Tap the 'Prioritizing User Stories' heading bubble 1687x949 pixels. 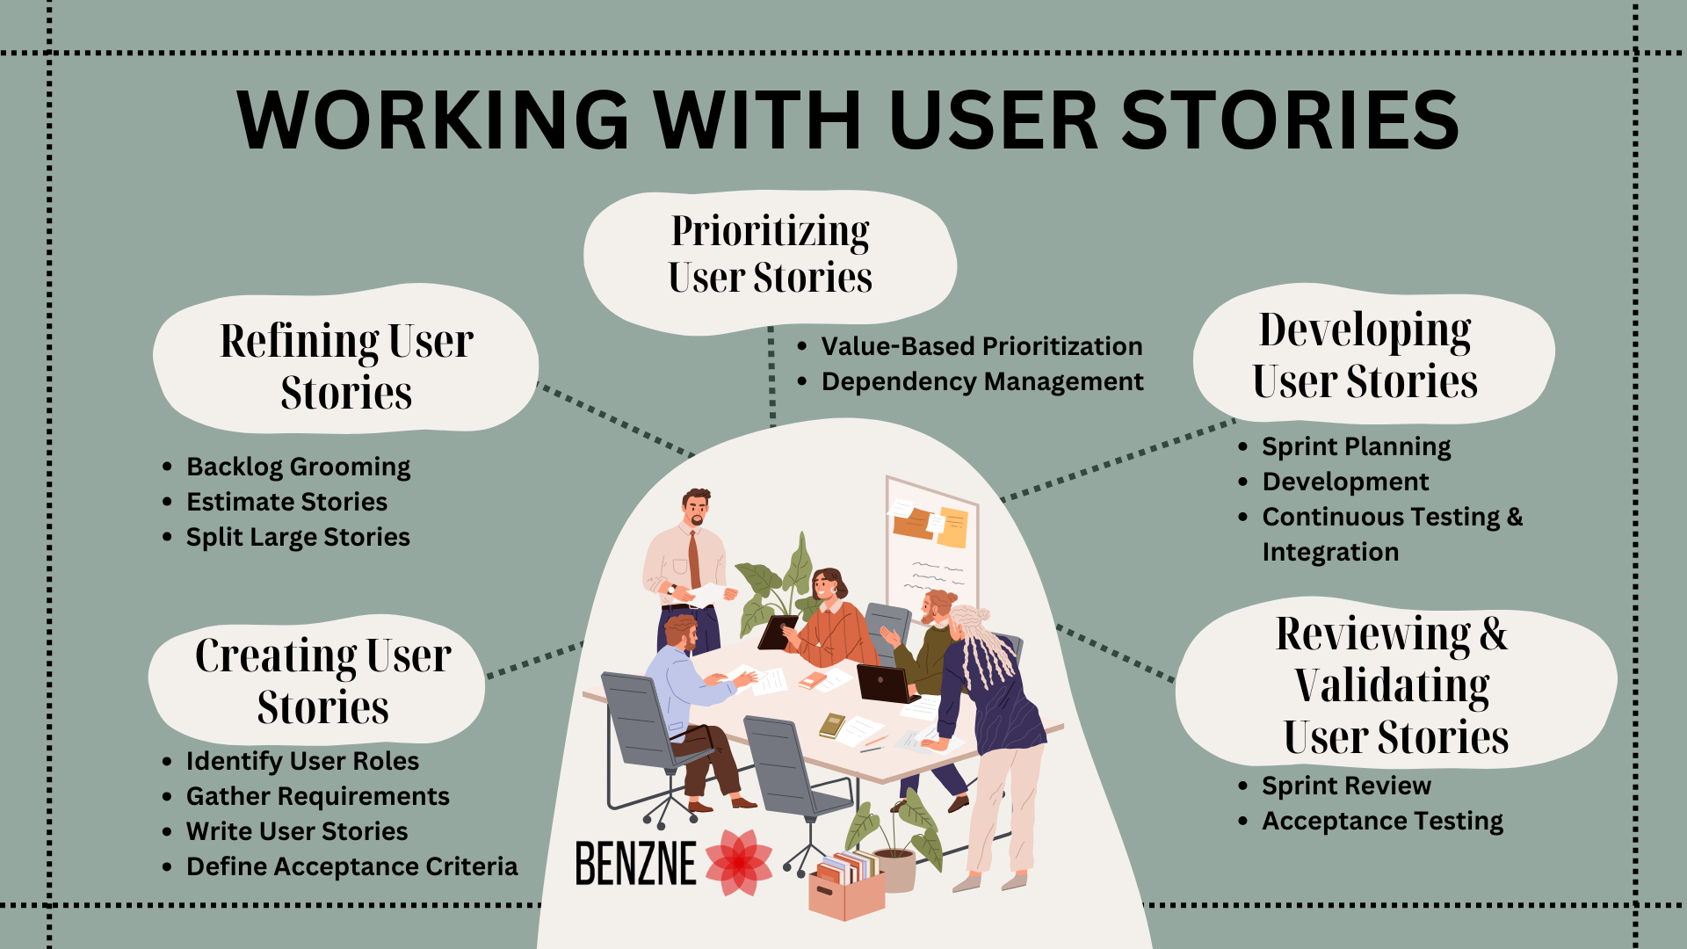(x=770, y=255)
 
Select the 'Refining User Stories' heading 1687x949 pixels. (x=346, y=366)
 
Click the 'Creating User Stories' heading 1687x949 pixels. (x=322, y=681)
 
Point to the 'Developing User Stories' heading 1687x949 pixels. (x=1365, y=355)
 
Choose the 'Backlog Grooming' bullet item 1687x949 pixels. (x=298, y=467)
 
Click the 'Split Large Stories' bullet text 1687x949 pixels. (x=298, y=537)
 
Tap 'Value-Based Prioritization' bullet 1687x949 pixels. (x=981, y=346)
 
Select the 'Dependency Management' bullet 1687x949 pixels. (x=982, y=381)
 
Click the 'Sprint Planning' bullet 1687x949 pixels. (x=1356, y=446)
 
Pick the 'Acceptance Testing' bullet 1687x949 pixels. (x=1382, y=821)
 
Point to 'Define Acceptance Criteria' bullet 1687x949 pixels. (x=351, y=866)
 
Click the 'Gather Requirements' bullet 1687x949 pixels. (x=317, y=796)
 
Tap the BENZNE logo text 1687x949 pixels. (x=635, y=863)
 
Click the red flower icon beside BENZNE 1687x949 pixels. (x=738, y=863)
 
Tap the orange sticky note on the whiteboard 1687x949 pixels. (x=914, y=524)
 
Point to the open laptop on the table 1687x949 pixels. (x=886, y=683)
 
